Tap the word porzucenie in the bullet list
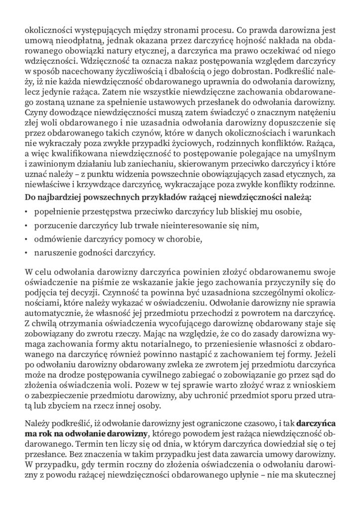pos(54,226)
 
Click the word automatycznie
pos(52,312)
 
